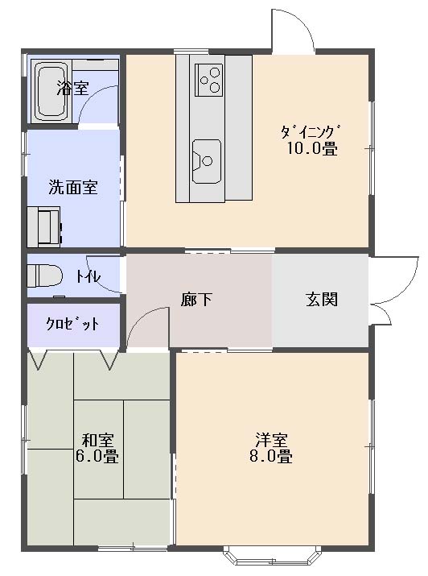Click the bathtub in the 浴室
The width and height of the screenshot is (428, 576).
(x=51, y=92)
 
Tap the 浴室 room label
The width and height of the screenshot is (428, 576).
(x=72, y=88)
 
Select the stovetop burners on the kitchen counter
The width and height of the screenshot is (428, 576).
(x=209, y=80)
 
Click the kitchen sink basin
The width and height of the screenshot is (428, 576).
(x=208, y=161)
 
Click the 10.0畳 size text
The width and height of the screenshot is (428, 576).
(x=312, y=149)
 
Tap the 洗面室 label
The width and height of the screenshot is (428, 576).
(x=73, y=187)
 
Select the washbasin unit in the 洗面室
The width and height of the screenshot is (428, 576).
(x=44, y=226)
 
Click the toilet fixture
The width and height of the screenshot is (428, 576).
(x=45, y=275)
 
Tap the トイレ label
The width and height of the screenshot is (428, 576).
(x=88, y=276)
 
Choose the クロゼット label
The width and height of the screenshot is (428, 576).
(x=72, y=324)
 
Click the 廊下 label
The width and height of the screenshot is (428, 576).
(x=196, y=300)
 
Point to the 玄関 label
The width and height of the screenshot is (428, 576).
(x=322, y=300)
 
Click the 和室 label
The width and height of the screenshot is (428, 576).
(x=97, y=440)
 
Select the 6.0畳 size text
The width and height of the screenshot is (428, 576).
(x=97, y=456)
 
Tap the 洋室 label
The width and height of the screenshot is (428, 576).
(x=271, y=440)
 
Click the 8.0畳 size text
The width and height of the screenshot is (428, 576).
(x=271, y=456)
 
